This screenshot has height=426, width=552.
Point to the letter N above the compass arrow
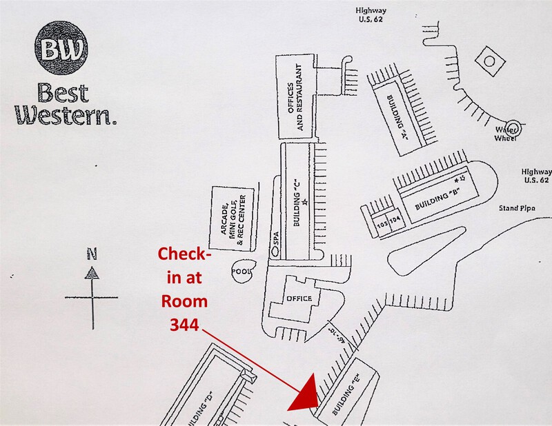92,254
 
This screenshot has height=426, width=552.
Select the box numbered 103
382,222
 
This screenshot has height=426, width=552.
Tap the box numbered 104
395,221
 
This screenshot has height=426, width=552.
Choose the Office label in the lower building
299,298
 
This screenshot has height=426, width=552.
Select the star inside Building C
304,201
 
